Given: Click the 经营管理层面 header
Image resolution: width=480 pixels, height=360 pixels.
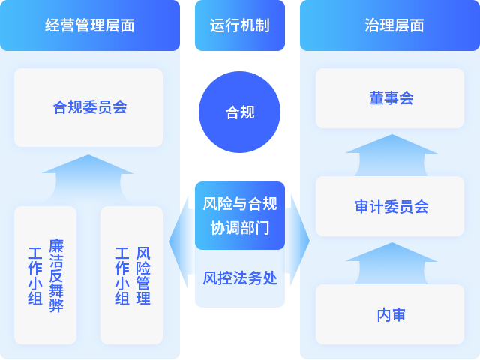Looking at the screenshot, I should coord(90,25).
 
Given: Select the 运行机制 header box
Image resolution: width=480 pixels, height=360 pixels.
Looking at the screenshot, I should coord(240,25).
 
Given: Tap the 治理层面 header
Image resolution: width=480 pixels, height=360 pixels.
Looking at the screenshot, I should coord(394,25).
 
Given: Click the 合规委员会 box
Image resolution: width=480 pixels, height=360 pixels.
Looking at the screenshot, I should coord(88,107).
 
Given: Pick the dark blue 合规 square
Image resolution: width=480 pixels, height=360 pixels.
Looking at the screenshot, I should coord(240,112).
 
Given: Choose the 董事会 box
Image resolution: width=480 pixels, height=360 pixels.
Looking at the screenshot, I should coord(390,98).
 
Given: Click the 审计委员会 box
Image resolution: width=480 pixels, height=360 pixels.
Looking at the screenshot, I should coord(390,206).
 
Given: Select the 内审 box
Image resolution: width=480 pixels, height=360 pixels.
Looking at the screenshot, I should coord(390,315).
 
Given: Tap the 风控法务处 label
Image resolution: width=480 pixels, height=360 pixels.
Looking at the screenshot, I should coord(240,278).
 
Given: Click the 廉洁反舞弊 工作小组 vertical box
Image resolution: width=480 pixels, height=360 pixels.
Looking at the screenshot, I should coord(45,275).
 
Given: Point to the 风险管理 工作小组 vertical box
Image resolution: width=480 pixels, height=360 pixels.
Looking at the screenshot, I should coord(131,275).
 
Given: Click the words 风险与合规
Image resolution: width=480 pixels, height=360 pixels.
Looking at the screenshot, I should coord(240,204).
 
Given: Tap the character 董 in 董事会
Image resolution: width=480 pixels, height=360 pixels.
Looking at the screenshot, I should coord(376,98).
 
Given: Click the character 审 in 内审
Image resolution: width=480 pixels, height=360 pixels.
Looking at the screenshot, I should coord(398,315).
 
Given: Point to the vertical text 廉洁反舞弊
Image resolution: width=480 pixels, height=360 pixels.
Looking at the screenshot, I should coord(56,275).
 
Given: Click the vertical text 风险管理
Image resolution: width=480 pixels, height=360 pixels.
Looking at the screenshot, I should coord(143,275).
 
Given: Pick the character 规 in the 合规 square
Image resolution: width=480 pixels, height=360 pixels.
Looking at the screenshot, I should coord(247,112).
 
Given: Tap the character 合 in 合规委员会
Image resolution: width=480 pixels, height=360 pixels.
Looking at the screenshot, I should coord(60,107).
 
